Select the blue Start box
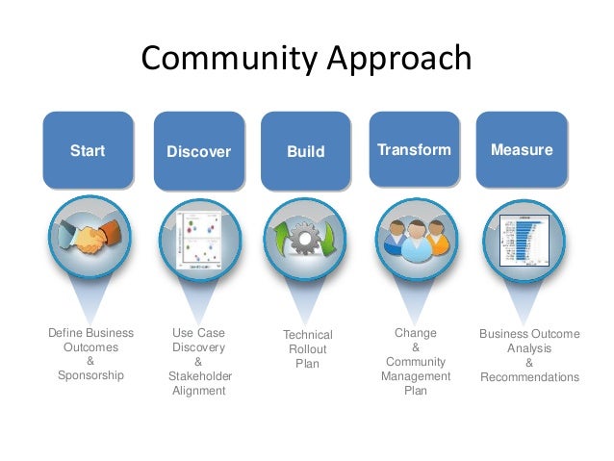coord(88,150)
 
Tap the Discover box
coord(198,151)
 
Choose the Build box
coord(306,151)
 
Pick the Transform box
coord(414,150)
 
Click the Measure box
coord(522,150)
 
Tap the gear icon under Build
coord(306,239)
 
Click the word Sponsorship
coord(90,375)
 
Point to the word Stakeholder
coord(199,376)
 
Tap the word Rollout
coord(307,349)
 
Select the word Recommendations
coord(529,377)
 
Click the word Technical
coord(307,335)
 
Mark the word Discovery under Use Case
coord(198,347)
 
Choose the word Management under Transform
coord(416,376)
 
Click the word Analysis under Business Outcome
coord(529,348)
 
